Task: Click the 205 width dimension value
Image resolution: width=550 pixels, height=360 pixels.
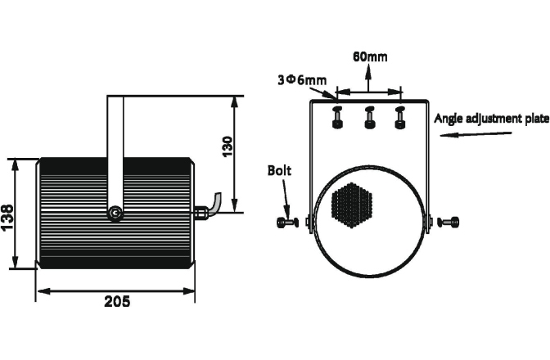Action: pyautogui.click(x=117, y=301)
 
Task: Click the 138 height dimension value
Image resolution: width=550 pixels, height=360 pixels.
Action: pyautogui.click(x=7, y=217)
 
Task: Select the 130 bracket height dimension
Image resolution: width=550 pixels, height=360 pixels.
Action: pyautogui.click(x=228, y=145)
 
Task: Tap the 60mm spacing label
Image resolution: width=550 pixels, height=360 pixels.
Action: pyautogui.click(x=369, y=56)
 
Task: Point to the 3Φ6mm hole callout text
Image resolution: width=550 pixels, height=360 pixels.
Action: pyautogui.click(x=303, y=79)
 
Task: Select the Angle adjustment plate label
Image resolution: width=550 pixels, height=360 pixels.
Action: pyautogui.click(x=490, y=118)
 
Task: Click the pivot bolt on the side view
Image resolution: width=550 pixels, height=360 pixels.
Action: pyautogui.click(x=116, y=213)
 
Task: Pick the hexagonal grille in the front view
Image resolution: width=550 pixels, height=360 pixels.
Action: pyautogui.click(x=351, y=209)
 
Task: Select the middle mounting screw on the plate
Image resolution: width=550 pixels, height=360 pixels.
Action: pyautogui.click(x=368, y=117)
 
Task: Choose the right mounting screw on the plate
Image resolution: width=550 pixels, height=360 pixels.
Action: pyautogui.click(x=399, y=117)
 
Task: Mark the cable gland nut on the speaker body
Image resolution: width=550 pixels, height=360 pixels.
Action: pyautogui.click(x=201, y=212)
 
